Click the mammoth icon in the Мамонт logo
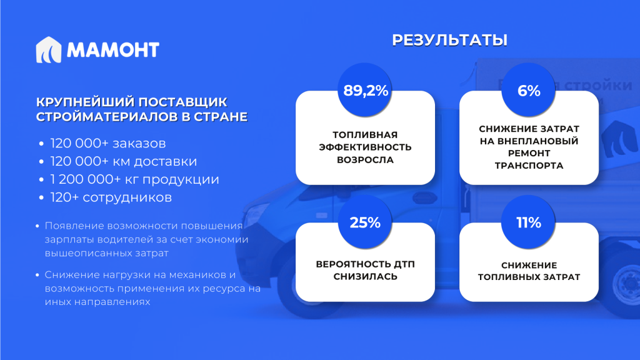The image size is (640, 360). (49, 50)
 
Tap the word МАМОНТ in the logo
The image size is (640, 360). (113, 50)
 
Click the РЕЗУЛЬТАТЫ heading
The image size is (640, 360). (449, 40)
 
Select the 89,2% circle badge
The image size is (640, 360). (365, 90)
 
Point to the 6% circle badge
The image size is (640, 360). (529, 90)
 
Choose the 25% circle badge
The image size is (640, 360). (365, 222)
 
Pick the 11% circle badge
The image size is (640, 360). (529, 222)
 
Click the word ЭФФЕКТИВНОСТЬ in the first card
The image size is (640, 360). (365, 147)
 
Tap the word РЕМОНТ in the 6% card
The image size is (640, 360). (529, 153)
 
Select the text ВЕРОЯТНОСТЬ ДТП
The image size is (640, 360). (365, 264)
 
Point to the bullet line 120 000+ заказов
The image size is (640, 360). (107, 143)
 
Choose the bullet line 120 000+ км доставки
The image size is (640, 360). (123, 161)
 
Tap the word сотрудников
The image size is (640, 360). (127, 198)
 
